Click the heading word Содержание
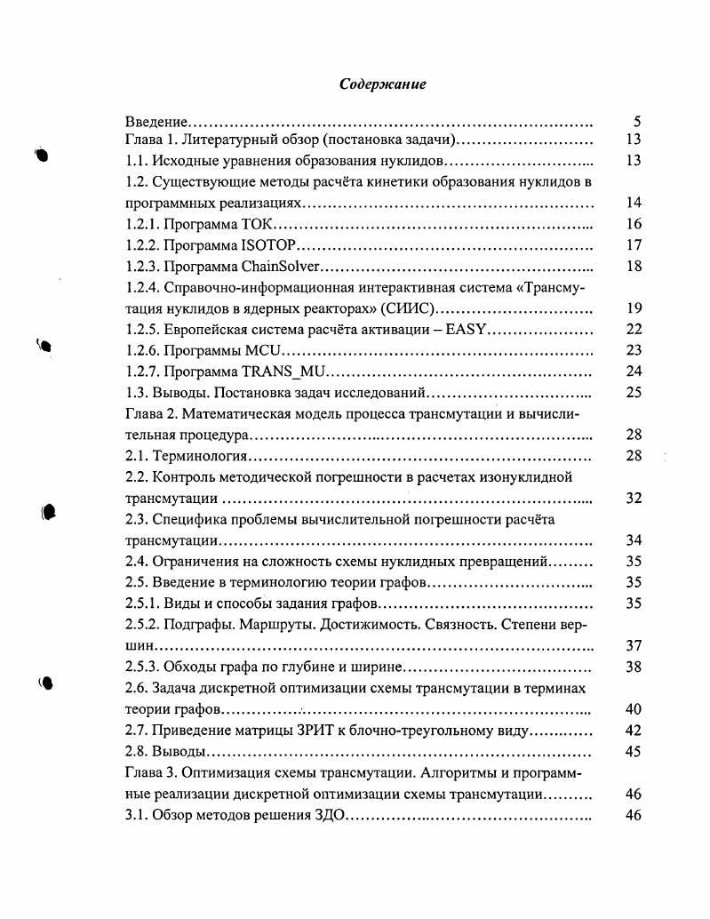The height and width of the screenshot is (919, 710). coord(383,84)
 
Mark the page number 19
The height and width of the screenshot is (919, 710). coord(634,309)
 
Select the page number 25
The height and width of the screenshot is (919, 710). coord(634,393)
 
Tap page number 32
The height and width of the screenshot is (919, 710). coord(634,499)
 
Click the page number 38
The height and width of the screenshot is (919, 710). coord(634,667)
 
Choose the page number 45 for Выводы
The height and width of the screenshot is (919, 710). coord(634,752)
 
